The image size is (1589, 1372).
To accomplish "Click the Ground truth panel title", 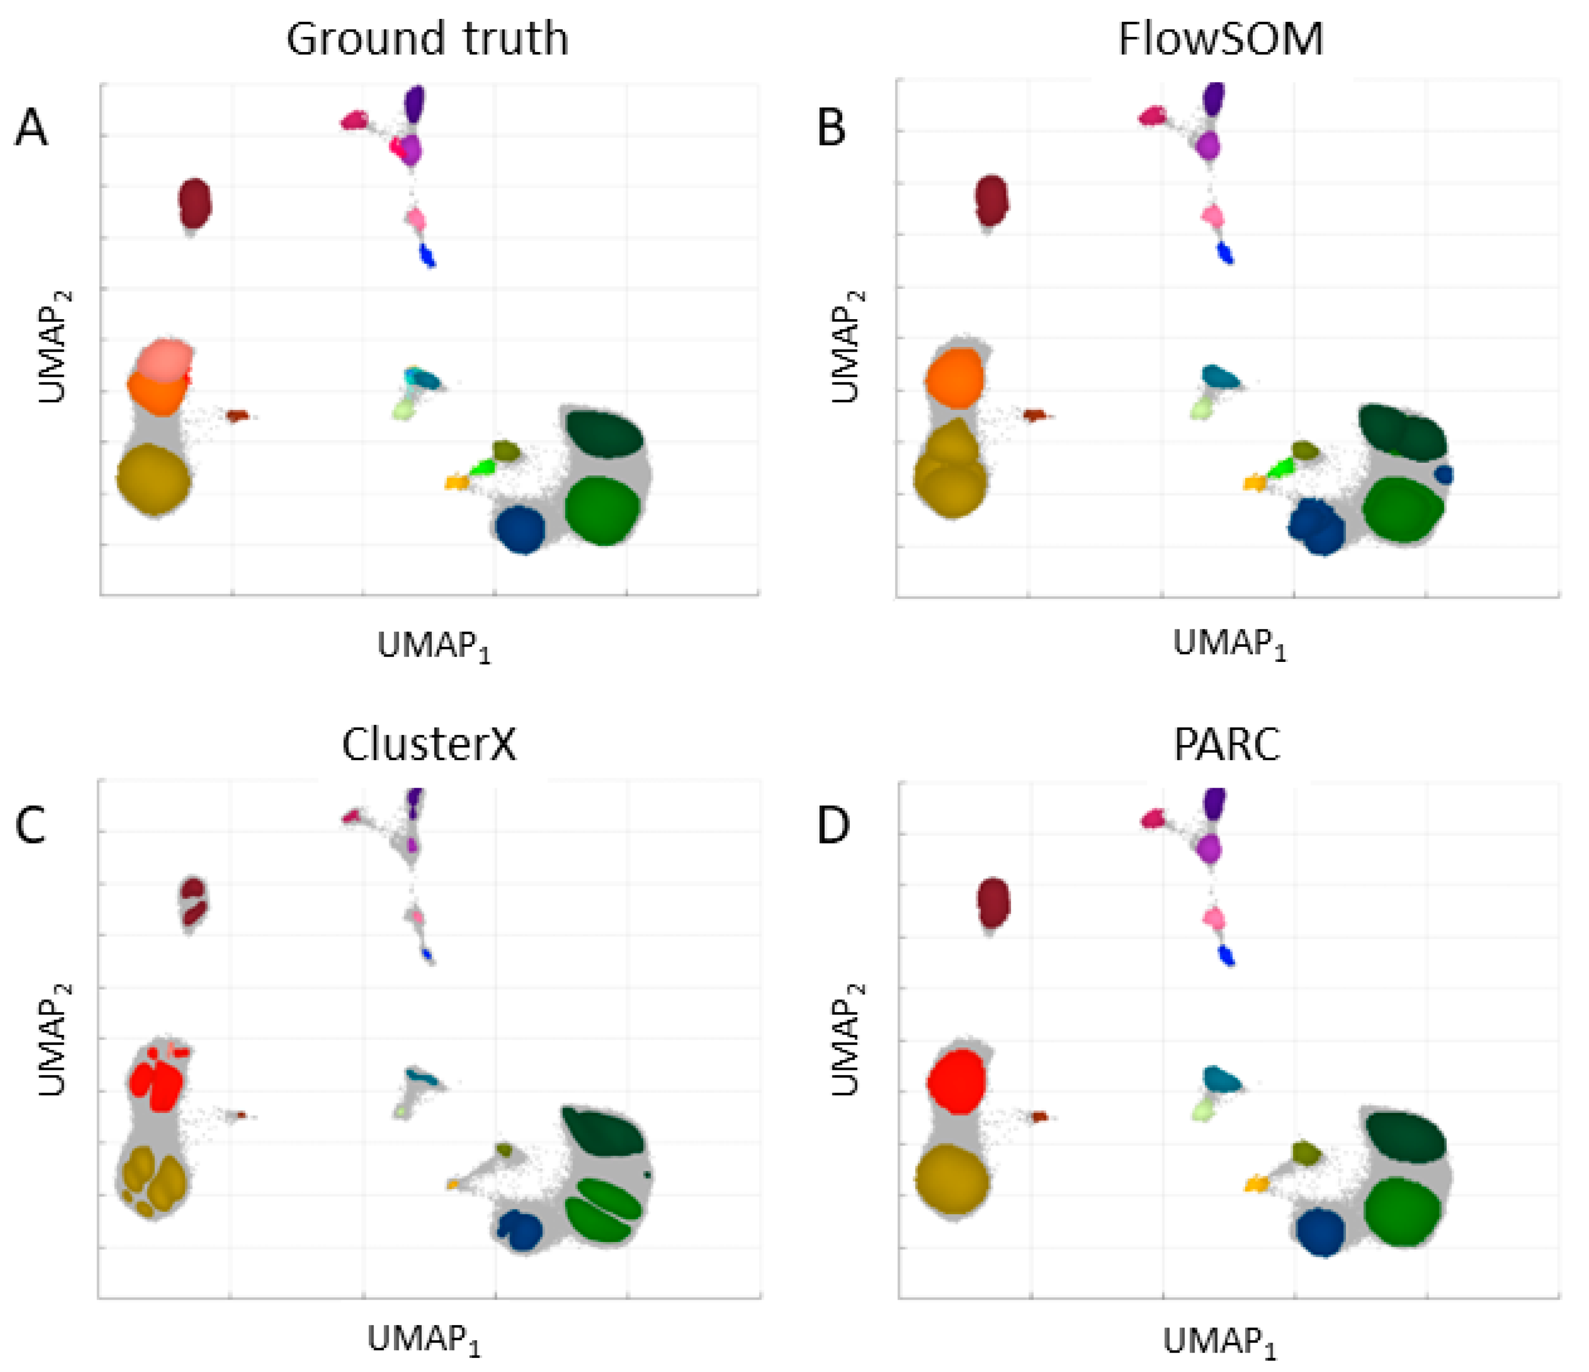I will (x=427, y=38).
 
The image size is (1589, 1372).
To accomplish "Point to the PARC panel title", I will (x=1227, y=744).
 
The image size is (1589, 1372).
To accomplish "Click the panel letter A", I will (x=31, y=128).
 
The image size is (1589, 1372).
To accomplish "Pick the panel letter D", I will (x=834, y=827).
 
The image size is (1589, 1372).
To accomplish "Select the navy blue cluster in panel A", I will (x=520, y=529).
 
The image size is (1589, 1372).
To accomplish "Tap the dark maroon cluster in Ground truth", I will (x=194, y=203).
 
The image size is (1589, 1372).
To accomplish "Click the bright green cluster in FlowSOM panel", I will (x=1278, y=467).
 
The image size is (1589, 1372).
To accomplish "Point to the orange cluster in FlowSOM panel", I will (x=954, y=378).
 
